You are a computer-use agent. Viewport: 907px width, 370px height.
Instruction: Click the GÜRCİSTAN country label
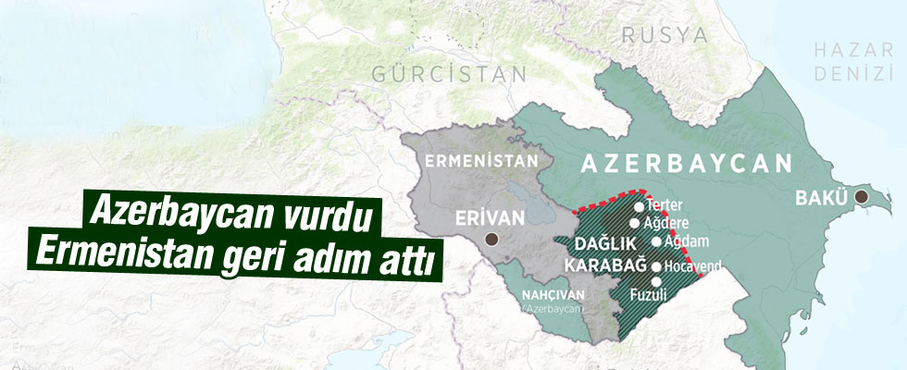[x=450, y=73]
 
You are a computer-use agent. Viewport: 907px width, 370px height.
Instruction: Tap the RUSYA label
[x=665, y=35]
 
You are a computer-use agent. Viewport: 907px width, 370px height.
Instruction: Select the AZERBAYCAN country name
[x=686, y=164]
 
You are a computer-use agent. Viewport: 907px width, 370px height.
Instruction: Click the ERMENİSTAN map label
[x=482, y=161]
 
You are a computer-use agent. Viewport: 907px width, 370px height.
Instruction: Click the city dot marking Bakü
[x=863, y=196]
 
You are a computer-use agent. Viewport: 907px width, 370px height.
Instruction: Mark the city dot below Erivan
[x=492, y=239]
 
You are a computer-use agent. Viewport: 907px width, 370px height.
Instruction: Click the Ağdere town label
[x=667, y=223]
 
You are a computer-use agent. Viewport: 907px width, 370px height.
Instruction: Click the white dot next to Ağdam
[x=657, y=241]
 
